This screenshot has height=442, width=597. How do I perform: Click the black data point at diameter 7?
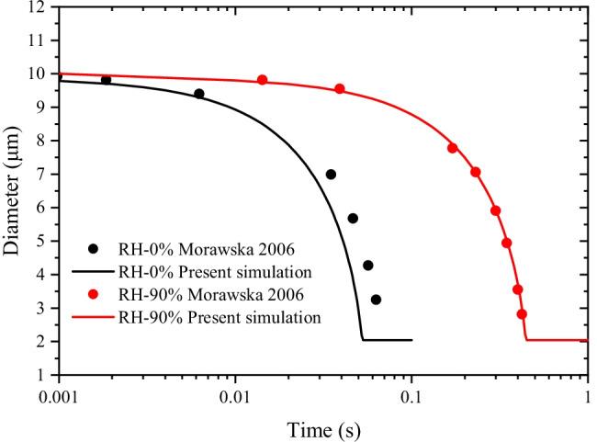(331, 175)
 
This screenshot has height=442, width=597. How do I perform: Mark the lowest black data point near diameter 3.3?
(376, 300)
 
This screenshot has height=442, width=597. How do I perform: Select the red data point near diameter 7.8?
(453, 148)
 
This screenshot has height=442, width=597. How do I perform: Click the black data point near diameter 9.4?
(199, 94)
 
